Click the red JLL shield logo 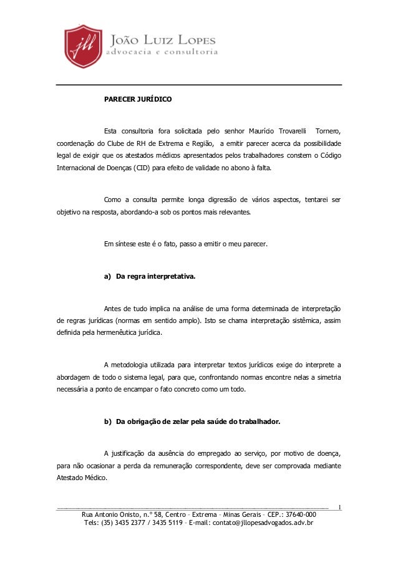(83, 48)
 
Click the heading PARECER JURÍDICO (134, 100)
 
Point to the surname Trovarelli (287, 131)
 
